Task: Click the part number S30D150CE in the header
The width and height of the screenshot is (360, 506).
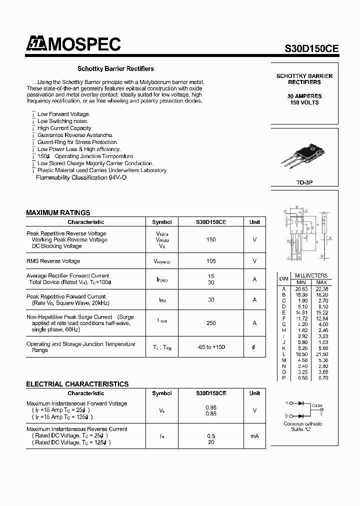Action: (x=311, y=48)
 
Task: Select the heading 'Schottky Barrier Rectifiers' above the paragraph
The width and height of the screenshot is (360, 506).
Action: (x=115, y=69)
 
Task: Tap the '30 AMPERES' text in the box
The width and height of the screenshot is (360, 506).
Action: (x=304, y=96)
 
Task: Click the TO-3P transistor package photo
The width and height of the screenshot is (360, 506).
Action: (x=304, y=157)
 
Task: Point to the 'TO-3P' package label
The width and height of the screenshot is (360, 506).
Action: (x=304, y=183)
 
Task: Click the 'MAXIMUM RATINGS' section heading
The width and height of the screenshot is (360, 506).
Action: (x=58, y=212)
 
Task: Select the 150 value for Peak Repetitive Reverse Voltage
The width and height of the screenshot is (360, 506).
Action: (x=211, y=240)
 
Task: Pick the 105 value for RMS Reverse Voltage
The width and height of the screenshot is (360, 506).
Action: (x=211, y=261)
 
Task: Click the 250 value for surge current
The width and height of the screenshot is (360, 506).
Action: (x=211, y=323)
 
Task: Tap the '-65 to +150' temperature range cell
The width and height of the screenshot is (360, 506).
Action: (x=211, y=347)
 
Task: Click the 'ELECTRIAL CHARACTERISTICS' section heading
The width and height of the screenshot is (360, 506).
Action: (x=77, y=384)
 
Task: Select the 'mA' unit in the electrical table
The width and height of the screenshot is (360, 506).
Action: (x=254, y=436)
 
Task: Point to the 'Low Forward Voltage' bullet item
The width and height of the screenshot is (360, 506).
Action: (x=63, y=114)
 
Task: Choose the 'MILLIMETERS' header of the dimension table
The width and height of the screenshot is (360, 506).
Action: (x=311, y=275)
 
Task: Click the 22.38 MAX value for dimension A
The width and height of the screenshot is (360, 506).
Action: (x=322, y=289)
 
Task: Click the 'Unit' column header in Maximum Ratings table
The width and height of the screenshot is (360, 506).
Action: (x=254, y=222)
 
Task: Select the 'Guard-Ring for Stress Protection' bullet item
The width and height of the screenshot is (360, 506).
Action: (x=77, y=142)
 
